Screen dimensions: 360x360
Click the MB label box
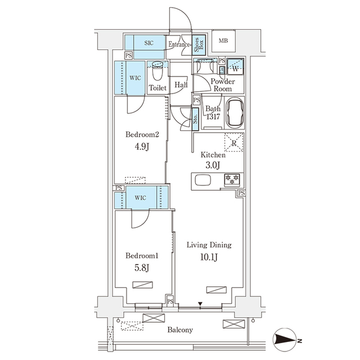[x=223, y=40]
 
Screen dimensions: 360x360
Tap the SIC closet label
[x=149, y=43]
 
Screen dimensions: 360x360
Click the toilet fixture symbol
[x=157, y=71]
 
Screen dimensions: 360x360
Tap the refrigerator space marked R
[x=234, y=142]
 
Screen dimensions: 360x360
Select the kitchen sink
[x=202, y=181]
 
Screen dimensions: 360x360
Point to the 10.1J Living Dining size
[x=209, y=258]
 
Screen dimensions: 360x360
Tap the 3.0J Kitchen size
[x=214, y=165]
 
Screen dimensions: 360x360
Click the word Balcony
[x=179, y=330]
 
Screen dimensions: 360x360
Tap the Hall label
[x=181, y=85]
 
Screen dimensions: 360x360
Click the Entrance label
[x=179, y=44]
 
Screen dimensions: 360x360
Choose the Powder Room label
[x=221, y=85]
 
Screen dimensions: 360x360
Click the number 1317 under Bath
[x=213, y=117]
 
